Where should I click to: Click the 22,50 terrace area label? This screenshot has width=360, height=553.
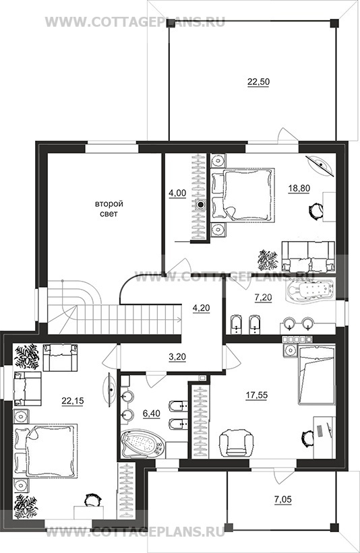(258, 82)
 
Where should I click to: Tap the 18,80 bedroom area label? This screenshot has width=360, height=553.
(299, 188)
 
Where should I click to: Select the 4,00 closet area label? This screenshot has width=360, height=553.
(177, 193)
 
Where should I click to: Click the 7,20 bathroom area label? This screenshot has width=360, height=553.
(264, 298)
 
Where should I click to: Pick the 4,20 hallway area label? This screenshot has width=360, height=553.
(201, 308)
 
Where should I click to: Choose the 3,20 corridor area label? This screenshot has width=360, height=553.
(177, 357)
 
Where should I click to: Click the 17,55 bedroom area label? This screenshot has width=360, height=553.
(257, 395)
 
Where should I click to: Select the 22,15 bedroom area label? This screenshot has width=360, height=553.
(73, 401)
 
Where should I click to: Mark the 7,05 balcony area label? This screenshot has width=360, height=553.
(283, 499)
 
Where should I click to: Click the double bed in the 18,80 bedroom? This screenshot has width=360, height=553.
(243, 195)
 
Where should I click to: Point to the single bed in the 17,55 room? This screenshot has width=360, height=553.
(317, 375)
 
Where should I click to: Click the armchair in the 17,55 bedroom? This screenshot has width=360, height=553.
(236, 443)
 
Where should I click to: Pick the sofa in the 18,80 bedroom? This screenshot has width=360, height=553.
(308, 257)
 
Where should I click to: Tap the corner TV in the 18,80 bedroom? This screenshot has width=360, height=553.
(320, 164)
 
